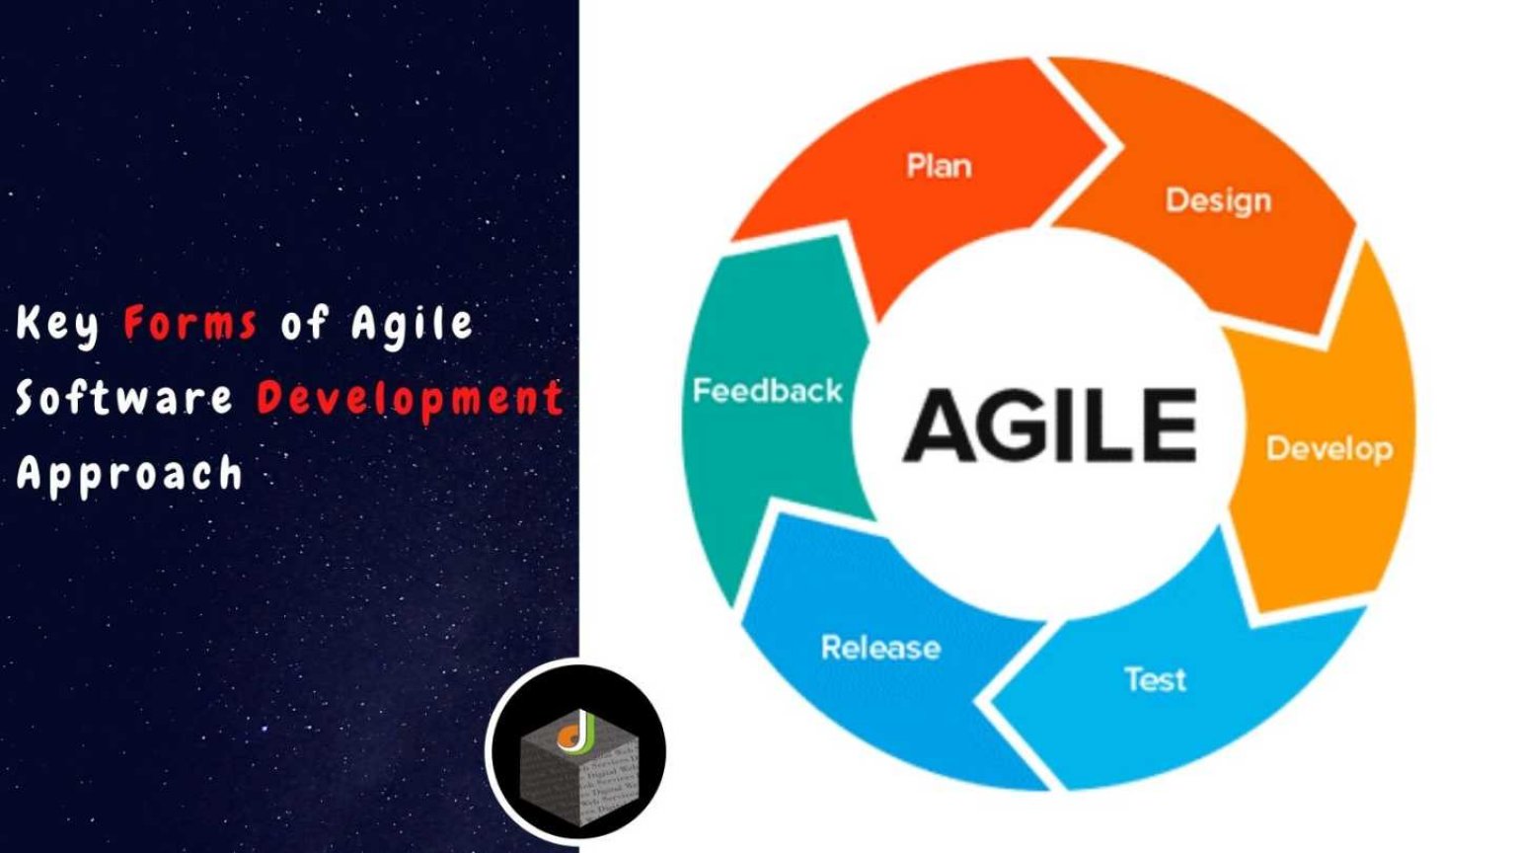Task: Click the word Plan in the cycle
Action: pos(939,165)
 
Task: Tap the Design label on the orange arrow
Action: pos(1218,200)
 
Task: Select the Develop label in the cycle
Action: pos(1329,449)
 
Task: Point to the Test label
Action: pos(1155,679)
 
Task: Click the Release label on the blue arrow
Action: pos(880,648)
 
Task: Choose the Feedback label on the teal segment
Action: pos(767,391)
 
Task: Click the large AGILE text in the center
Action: pos(1050,426)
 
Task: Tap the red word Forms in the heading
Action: pos(190,323)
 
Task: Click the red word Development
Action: pos(410,398)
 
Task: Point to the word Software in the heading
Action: pos(123,398)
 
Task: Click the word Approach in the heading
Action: pos(128,474)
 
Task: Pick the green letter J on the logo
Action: pos(585,729)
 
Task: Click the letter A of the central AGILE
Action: pos(941,426)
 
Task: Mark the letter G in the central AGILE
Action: pos(1027,426)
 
